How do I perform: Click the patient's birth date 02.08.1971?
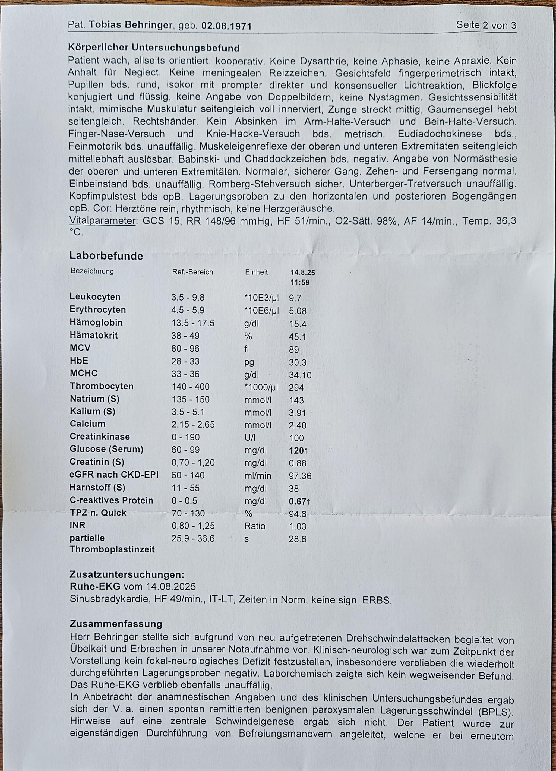click(x=226, y=26)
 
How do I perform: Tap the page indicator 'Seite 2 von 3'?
click(x=486, y=25)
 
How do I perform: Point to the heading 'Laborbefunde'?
click(x=106, y=256)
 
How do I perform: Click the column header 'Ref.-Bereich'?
click(x=192, y=272)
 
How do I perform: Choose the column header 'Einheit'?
click(x=256, y=272)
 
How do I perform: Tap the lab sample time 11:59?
click(x=300, y=282)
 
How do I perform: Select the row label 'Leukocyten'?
click(x=95, y=297)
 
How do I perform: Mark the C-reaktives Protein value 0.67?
click(x=297, y=501)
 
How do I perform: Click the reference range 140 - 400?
click(x=190, y=387)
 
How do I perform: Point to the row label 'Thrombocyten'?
click(x=102, y=386)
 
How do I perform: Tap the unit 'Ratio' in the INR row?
click(x=255, y=526)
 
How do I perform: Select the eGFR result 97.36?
click(x=300, y=476)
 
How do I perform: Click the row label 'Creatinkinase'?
click(x=100, y=437)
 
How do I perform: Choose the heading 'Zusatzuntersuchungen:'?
click(x=127, y=574)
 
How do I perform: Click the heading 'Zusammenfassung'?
click(x=116, y=624)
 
